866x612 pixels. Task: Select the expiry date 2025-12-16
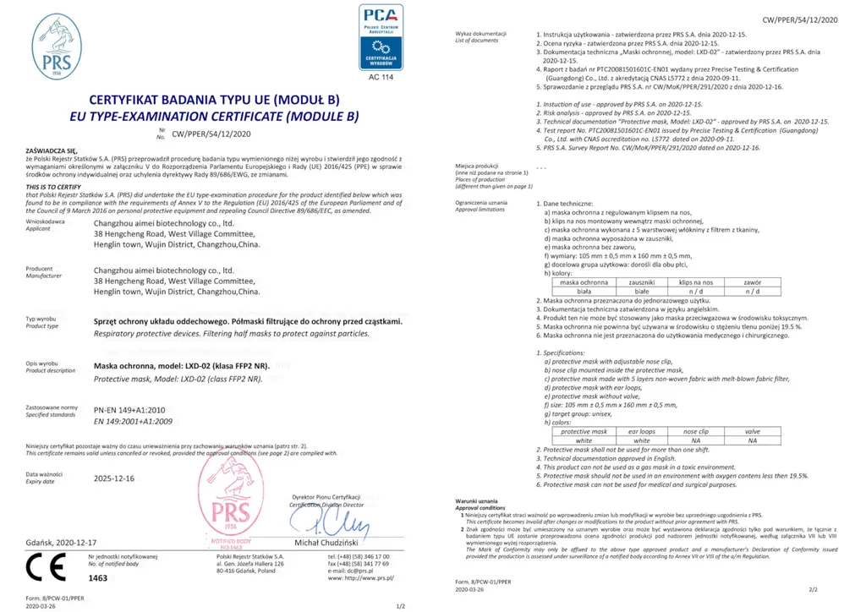tap(113, 478)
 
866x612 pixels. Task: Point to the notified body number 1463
tap(98, 577)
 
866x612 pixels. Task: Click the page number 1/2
tap(401, 605)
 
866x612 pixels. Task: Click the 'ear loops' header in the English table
tap(642, 431)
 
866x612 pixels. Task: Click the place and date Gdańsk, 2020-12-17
tap(62, 541)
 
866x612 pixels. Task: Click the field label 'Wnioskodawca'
tap(46, 221)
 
